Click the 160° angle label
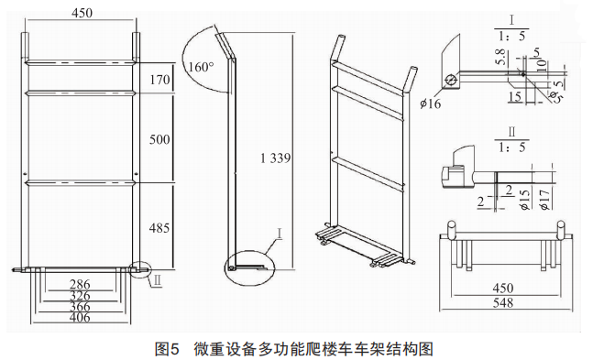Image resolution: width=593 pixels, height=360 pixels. (201, 67)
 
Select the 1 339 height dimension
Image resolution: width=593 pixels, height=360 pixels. (276, 158)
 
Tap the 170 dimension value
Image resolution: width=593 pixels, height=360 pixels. (159, 80)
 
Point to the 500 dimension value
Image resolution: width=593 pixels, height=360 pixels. (159, 139)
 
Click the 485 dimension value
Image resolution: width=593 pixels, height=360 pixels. (159, 228)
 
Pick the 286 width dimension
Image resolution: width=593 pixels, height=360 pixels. (80, 284)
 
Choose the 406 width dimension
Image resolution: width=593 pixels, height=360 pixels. (80, 317)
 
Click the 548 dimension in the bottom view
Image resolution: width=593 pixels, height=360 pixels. (503, 302)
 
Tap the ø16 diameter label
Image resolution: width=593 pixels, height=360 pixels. (430, 103)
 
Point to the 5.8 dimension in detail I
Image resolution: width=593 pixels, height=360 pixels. (500, 58)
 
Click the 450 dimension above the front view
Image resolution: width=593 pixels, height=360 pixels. (82, 13)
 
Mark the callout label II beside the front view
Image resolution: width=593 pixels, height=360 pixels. (158, 281)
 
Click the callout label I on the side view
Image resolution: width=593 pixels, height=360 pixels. (280, 234)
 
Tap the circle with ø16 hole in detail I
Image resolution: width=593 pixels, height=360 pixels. (450, 81)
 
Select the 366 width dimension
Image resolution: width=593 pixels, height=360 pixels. (80, 306)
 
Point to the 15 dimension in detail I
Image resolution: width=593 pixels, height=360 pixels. (515, 97)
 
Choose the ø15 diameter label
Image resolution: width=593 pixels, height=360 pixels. (526, 200)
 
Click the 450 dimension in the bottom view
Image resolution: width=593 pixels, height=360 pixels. (503, 289)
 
